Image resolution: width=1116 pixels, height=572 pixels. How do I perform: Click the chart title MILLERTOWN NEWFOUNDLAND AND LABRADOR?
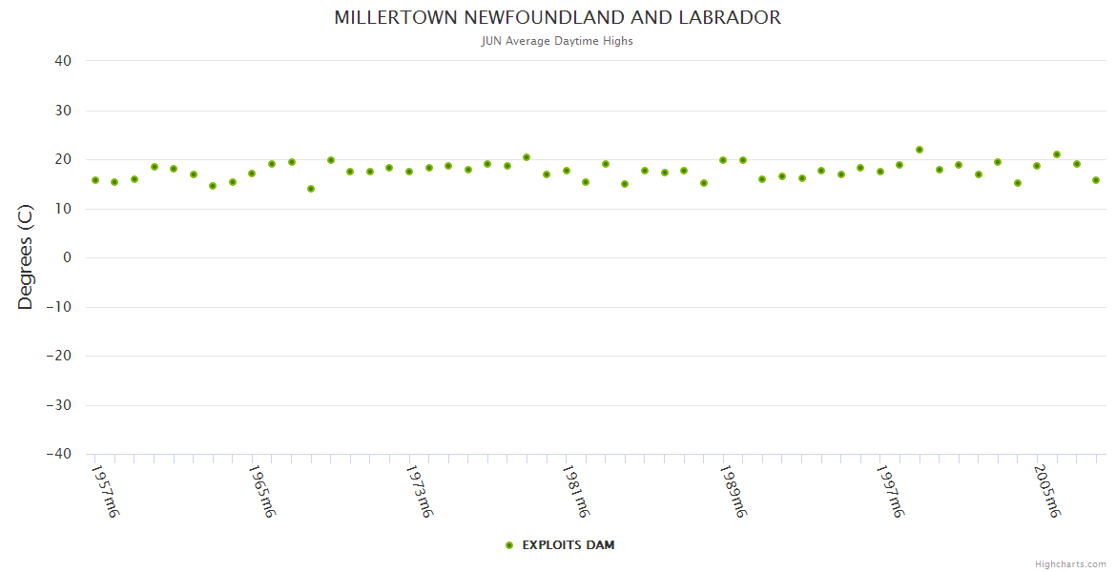tap(557, 18)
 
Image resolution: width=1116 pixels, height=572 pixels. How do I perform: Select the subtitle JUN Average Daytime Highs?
tap(557, 41)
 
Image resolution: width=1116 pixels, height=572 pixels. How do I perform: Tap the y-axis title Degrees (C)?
tap(26, 257)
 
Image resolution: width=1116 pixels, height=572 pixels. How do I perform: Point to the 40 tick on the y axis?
tap(63, 61)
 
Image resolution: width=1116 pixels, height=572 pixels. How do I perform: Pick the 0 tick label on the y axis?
tap(67, 257)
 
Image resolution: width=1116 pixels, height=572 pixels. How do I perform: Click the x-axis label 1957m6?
tap(104, 491)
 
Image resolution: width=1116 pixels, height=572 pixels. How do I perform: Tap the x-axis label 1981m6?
tap(574, 491)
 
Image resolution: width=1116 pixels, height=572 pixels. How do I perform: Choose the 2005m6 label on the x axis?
tap(1045, 491)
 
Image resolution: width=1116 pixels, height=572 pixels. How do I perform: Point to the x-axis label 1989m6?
tap(732, 491)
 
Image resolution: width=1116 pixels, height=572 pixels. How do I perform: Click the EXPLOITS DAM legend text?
tap(568, 545)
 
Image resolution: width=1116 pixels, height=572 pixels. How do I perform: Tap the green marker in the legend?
tap(509, 545)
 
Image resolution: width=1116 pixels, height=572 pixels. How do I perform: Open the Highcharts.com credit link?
tap(1070, 564)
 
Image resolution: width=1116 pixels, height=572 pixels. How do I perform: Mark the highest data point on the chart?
tap(920, 150)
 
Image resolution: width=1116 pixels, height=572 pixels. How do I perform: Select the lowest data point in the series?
tap(311, 189)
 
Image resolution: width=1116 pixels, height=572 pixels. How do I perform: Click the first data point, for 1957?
tap(95, 180)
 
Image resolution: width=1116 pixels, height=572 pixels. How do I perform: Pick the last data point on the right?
tap(1096, 180)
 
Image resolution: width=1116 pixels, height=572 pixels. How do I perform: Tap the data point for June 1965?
tap(252, 174)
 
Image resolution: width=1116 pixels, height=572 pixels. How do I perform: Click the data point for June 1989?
tap(723, 160)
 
